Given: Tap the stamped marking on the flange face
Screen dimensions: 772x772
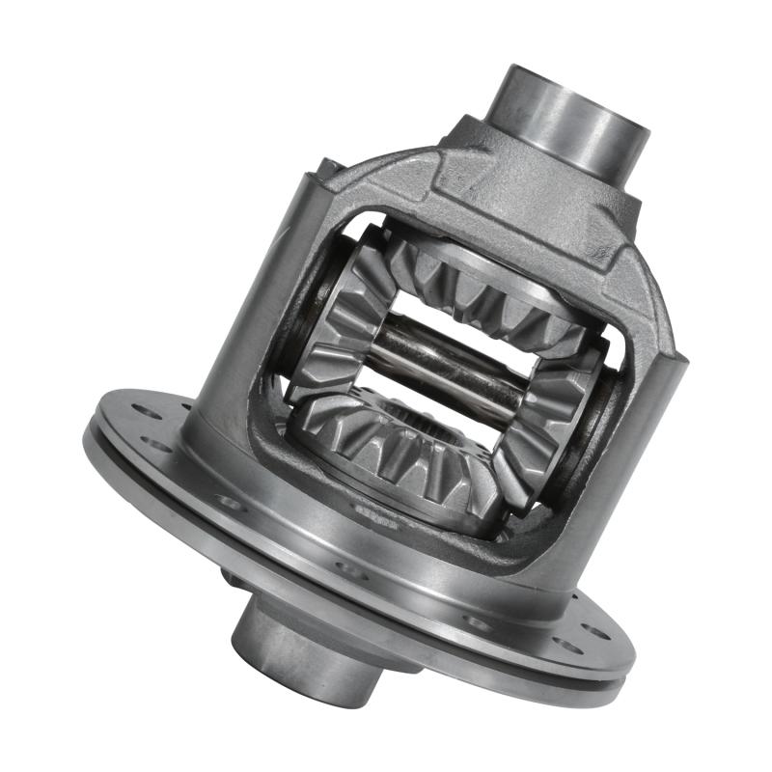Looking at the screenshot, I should pos(376,512).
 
